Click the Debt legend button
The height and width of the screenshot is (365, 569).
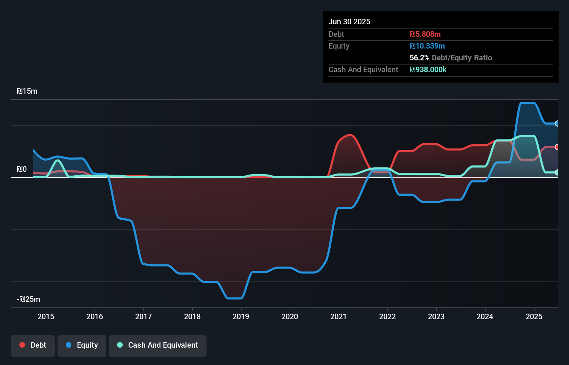[x=33, y=346]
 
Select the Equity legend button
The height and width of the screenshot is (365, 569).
[x=82, y=346]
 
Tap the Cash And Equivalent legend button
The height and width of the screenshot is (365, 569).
[x=158, y=346]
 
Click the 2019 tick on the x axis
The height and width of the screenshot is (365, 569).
[x=241, y=316]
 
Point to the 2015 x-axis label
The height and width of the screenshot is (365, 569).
[x=46, y=316]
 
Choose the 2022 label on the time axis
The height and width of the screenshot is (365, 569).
[x=387, y=316]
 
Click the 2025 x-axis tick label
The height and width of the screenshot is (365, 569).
[x=534, y=316]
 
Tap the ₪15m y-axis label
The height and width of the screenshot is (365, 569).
[x=27, y=91]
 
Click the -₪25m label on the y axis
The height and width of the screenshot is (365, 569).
[x=28, y=299]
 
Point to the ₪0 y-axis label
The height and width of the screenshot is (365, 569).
[x=21, y=169]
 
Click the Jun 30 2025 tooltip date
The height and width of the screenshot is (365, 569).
[x=349, y=22]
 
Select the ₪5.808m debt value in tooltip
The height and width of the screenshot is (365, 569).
[x=425, y=34]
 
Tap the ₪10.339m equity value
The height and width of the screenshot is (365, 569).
[x=427, y=46]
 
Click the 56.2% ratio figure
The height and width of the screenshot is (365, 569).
[x=419, y=58]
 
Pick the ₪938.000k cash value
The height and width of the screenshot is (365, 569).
[x=428, y=70]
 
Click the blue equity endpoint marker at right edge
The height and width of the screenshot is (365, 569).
[x=557, y=124]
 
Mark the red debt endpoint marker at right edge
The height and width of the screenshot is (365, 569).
[x=557, y=147]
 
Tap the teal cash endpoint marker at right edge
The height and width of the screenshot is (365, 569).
[x=557, y=172]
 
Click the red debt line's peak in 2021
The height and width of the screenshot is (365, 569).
[x=350, y=135]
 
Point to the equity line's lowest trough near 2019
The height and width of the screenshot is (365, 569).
[x=235, y=298]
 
